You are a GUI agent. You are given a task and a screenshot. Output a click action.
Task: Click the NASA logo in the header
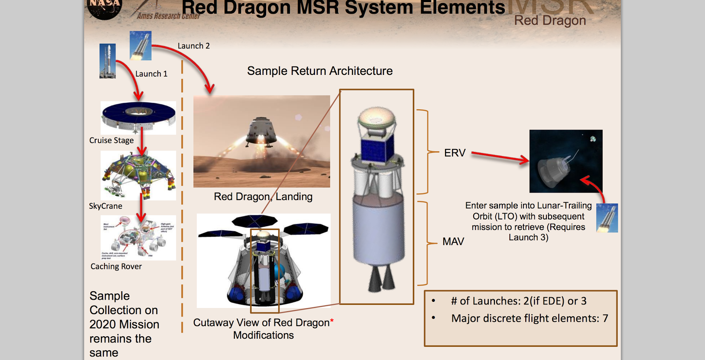click(104, 8)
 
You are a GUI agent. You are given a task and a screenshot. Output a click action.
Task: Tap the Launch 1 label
click(151, 74)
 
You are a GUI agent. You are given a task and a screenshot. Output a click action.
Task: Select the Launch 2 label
click(193, 46)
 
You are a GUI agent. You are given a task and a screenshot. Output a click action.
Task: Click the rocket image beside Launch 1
click(108, 61)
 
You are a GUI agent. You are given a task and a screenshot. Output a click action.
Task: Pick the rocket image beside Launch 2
click(141, 45)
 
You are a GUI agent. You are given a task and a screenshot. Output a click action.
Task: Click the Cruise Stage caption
click(111, 141)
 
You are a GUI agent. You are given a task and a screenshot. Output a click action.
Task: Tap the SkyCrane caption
click(106, 206)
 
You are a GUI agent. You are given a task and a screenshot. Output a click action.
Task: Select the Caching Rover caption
click(116, 267)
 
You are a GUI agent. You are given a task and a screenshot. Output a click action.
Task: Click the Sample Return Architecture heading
click(320, 71)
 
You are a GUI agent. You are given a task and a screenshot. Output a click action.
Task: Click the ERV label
click(455, 153)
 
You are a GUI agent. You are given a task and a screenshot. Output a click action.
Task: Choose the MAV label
click(453, 241)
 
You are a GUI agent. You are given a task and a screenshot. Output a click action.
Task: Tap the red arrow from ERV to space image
click(500, 157)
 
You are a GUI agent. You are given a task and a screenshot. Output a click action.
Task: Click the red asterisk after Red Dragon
click(332, 321)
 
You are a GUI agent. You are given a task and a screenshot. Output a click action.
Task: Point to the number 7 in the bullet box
click(605, 319)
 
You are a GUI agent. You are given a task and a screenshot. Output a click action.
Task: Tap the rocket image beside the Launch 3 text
click(607, 218)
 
